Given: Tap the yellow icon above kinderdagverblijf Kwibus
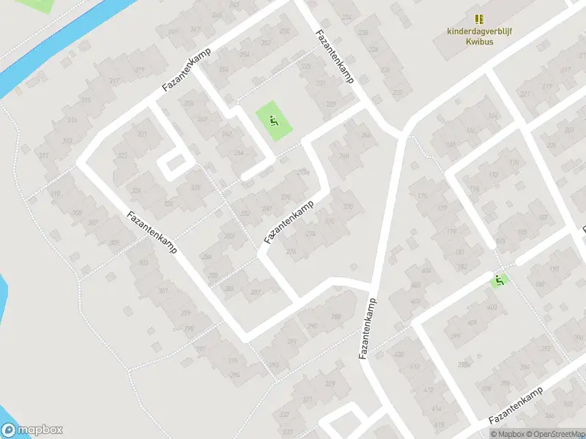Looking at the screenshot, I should tap(479, 19).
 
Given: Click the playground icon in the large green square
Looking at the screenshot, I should tap(274, 121).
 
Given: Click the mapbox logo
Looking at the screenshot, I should tap(32, 430).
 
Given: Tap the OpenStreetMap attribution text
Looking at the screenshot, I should tap(553, 434).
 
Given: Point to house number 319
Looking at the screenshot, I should tap(139, 70).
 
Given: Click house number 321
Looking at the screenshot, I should tap(142, 135).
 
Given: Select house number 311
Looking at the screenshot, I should tap(44, 155).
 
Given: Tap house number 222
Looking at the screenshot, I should tap(397, 93).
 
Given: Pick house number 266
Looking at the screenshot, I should tap(366, 135).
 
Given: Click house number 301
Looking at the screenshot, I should tap(163, 291).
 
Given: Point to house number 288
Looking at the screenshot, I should tap(335, 317).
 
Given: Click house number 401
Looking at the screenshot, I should tap(472, 323).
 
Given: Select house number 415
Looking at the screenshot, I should tap(439, 424).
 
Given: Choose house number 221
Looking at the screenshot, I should tap(523, 94).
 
